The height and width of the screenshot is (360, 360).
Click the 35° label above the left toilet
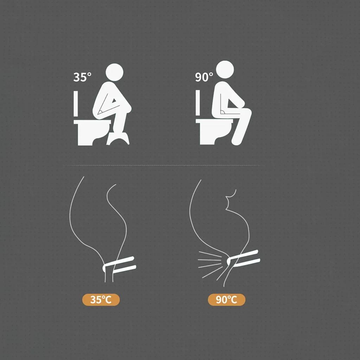coord(82,77)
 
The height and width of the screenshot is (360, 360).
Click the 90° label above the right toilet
coord(204,77)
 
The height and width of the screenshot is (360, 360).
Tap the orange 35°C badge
coord(101,300)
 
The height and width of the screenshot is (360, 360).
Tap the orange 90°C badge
coord(226,300)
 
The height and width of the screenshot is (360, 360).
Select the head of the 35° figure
coord(114,72)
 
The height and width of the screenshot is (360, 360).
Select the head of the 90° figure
coord(225,70)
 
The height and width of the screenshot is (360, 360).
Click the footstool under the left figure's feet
coord(118,139)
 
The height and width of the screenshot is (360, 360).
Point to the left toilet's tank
coord(76,104)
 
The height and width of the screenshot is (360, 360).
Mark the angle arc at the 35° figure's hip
coord(101,112)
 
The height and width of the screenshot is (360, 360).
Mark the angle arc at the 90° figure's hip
coord(222,112)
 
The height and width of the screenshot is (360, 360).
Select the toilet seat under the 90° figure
coord(214,121)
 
